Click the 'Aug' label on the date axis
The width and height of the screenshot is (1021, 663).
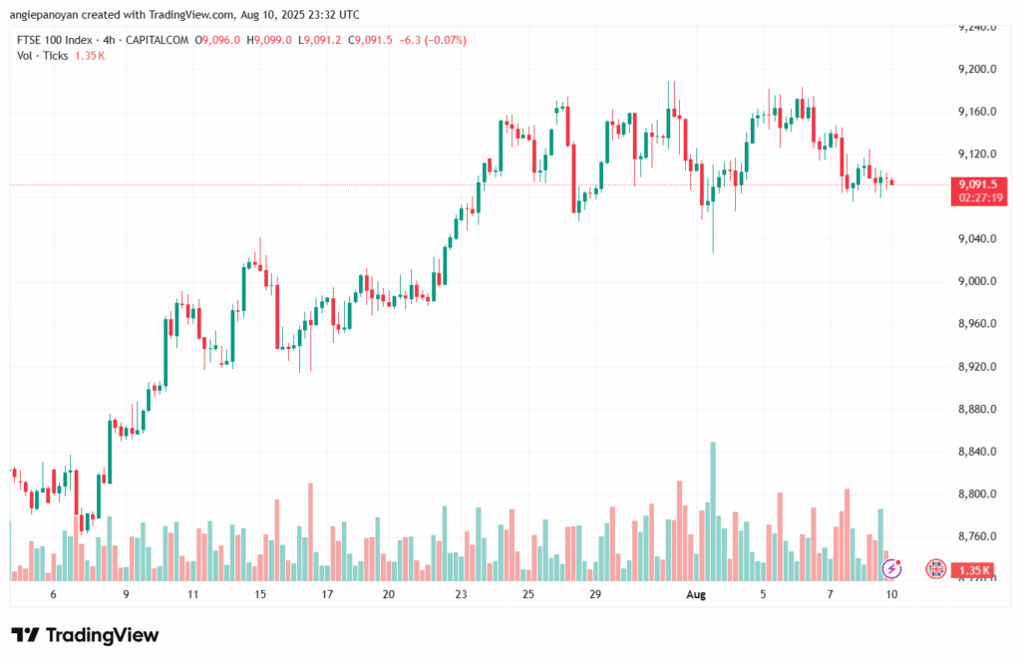click(x=697, y=593)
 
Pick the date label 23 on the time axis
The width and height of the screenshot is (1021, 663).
click(x=461, y=593)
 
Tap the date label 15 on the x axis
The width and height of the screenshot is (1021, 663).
click(x=260, y=593)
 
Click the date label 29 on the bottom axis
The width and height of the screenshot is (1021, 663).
click(x=594, y=593)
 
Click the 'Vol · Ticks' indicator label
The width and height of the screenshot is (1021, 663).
click(x=43, y=56)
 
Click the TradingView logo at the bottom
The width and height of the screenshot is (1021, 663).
click(x=85, y=635)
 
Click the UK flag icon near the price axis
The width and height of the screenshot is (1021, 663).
click(x=935, y=568)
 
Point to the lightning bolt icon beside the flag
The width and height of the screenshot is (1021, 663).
click(x=893, y=568)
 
